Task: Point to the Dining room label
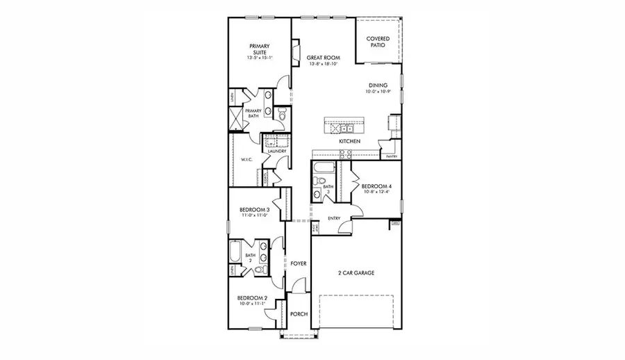[378, 85]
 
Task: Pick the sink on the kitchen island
[345, 129]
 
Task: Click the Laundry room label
[268, 151]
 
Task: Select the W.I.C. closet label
[246, 159]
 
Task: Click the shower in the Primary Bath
[237, 119]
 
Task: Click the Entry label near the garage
[334, 218]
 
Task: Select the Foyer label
[299, 264]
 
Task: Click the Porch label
[299, 313]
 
